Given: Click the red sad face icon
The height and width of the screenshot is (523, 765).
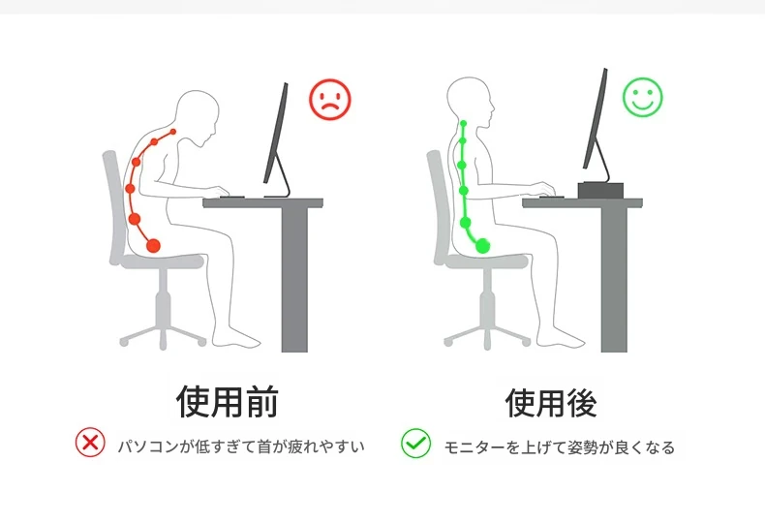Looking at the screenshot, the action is click(330, 100).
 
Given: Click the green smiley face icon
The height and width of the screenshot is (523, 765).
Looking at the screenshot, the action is click(643, 97).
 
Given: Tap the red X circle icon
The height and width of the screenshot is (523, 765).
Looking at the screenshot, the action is click(90, 443).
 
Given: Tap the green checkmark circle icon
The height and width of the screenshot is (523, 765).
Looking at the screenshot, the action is click(415, 444).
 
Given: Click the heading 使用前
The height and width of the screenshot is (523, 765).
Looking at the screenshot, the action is click(228, 402).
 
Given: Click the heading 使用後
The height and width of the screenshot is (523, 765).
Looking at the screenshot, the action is click(551, 403).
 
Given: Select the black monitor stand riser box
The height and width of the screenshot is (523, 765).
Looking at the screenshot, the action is click(600, 190).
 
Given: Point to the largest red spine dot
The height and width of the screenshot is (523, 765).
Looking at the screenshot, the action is click(153, 245).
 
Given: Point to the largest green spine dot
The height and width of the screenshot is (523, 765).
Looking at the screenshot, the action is click(482, 245).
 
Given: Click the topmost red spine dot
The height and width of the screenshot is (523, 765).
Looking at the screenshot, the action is click(173, 132).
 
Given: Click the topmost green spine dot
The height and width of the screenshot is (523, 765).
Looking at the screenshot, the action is click(464, 123).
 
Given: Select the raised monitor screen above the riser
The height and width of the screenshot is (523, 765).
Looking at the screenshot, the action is click(596, 118).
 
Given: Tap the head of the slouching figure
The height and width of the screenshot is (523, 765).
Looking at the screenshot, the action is click(197, 114).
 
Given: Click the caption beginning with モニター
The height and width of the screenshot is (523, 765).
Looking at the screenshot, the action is click(559, 446).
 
